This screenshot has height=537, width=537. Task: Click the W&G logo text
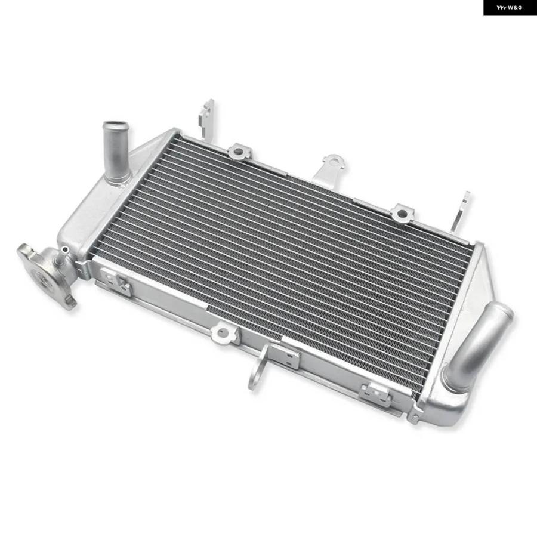510,7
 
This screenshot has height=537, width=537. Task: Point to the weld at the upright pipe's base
118,180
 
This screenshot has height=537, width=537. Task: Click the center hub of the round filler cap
44,278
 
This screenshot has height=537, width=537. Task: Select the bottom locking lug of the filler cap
71,303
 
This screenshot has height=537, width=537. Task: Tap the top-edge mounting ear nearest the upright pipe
240,152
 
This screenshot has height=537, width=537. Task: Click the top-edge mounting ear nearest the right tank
402,213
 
